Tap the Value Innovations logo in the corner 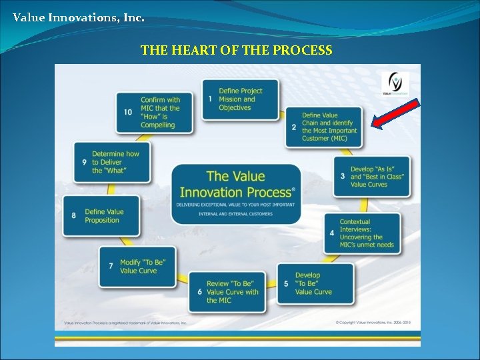tap(395, 84)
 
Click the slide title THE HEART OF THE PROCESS tap(236, 50)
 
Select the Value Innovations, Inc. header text tap(79, 17)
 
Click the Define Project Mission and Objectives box tap(240, 99)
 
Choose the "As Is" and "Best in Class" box tap(371, 177)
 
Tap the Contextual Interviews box tap(362, 233)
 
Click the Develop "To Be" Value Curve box tap(315, 283)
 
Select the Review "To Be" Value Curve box tap(227, 291)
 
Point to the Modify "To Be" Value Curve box tap(137, 267)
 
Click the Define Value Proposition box tap(101, 216)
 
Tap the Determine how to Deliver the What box tap(112, 162)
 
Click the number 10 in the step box tap(128, 112)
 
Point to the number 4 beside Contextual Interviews tap(332, 233)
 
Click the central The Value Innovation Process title tap(235, 184)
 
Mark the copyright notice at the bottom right tap(373, 322)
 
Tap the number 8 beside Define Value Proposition tap(73, 215)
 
